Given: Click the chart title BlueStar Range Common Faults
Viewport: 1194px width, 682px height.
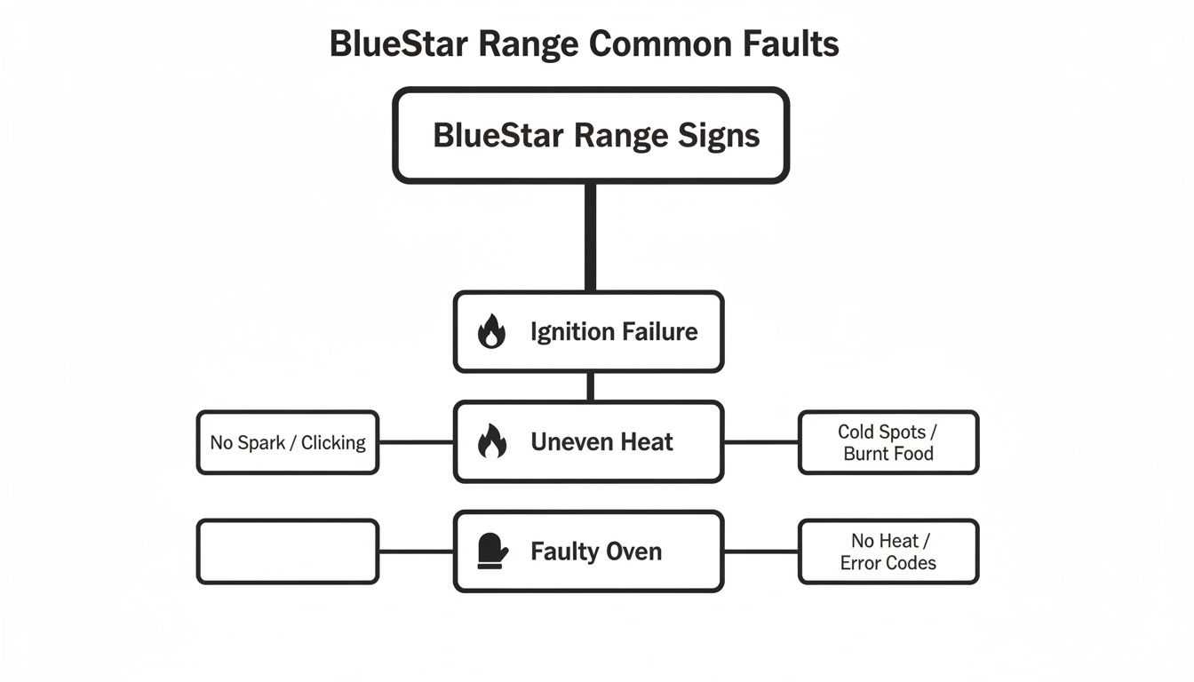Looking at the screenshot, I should coord(584,44).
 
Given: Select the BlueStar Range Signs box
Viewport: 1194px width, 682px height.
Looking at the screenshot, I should coord(591,136).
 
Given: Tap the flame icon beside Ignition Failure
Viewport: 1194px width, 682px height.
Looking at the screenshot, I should coord(491,332).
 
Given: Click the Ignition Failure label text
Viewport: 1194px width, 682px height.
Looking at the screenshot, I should coord(614,332).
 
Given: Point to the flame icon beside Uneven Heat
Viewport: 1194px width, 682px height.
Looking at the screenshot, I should coord(491,441).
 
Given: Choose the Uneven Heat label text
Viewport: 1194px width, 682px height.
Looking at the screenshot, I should coord(601,441).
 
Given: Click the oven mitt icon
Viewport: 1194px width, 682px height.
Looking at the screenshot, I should coord(491,551).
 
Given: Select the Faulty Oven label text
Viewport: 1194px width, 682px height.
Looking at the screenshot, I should coord(596,551).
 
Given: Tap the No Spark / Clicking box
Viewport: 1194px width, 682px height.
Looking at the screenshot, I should coord(288,442).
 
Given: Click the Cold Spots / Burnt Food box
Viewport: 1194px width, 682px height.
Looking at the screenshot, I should coord(888,442).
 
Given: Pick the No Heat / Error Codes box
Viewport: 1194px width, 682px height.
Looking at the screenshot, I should coord(888,551).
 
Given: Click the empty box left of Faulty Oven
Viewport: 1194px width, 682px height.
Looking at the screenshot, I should coord(288,551).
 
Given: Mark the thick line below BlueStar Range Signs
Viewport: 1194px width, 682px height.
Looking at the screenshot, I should coord(590,237).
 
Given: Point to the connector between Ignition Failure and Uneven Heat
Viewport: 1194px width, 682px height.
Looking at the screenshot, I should coord(590,386).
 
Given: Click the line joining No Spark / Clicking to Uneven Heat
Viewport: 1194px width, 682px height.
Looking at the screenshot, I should coord(416,441).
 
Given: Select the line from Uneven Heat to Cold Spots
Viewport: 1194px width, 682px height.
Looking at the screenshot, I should coord(761,441).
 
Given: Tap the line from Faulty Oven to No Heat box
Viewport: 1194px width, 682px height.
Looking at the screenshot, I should coord(761,551).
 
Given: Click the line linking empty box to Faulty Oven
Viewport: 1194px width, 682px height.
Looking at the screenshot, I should coord(416,551).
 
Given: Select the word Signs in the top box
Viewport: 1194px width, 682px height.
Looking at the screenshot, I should coord(718,136).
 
